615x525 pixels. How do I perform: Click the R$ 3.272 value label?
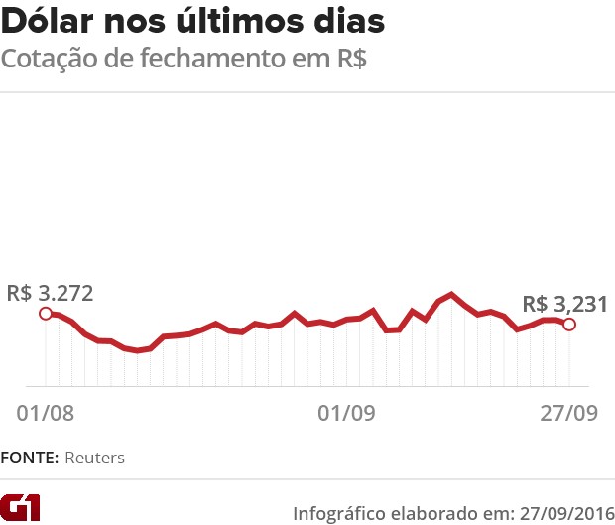pos(50,293)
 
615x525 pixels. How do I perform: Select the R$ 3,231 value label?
pos(564,304)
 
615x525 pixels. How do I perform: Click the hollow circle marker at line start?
pos(45,314)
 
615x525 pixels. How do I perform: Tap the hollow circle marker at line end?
pos(568,324)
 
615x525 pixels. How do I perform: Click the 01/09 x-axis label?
pos(346,412)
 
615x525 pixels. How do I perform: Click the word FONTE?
pos(30,459)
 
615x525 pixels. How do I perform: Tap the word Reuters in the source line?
pos(95,459)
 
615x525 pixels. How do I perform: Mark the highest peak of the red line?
pos(452,294)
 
